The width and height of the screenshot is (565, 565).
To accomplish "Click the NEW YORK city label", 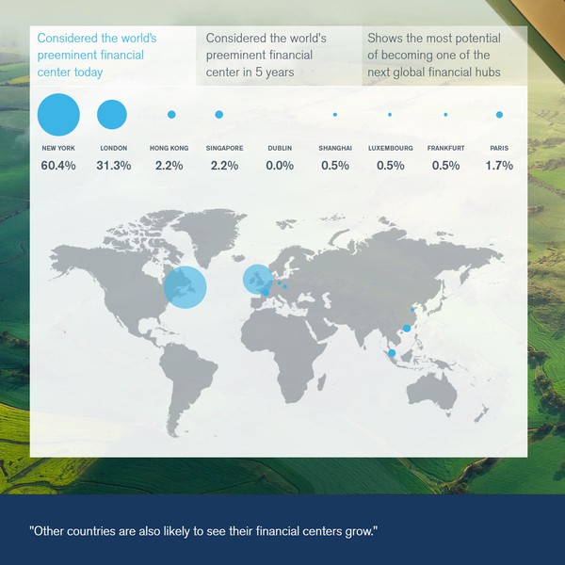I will [58, 149].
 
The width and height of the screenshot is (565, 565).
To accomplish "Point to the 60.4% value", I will [58, 166].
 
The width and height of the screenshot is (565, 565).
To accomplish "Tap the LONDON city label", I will [113, 149].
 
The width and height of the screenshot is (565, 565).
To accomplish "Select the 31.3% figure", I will [113, 166].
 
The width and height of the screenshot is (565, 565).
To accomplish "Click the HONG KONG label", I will [169, 149].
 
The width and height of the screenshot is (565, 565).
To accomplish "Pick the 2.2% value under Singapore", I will [225, 166].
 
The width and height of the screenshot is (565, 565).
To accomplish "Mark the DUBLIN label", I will [280, 149].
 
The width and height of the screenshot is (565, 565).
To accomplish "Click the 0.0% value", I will [280, 166].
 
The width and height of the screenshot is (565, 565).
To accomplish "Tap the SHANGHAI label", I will [335, 149].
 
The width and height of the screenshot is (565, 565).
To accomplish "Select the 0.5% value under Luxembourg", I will [390, 166].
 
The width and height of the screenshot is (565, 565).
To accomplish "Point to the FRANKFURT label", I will [445, 149].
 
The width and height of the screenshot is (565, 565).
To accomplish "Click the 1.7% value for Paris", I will [499, 166].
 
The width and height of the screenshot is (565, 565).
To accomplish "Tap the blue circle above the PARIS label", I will [499, 115].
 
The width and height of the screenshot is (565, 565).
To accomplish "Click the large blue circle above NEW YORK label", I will [58, 115].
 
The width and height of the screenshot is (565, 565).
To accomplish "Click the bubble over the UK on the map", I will [256, 279].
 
